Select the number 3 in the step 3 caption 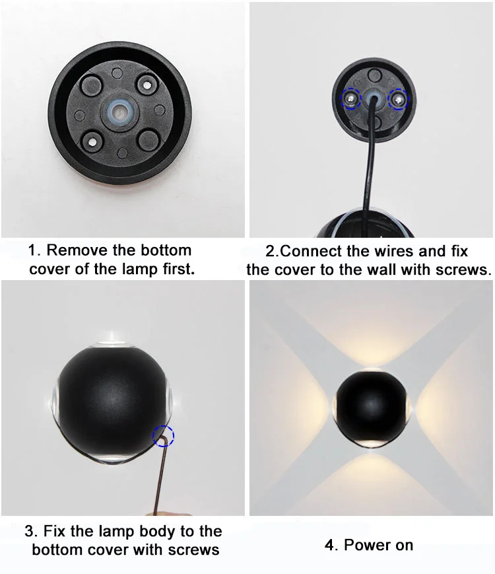click(x=29, y=532)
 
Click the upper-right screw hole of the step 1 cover click(x=147, y=85)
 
